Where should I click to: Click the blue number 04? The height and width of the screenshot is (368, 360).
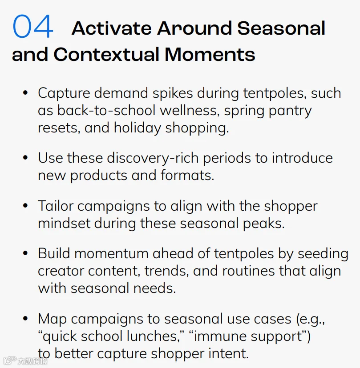33,26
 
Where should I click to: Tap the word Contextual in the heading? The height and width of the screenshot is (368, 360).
107,55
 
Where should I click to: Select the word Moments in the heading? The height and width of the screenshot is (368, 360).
210,55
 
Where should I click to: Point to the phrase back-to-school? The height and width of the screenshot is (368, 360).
106,110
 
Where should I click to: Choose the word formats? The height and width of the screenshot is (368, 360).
187,175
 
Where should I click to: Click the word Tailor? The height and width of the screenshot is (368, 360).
56,206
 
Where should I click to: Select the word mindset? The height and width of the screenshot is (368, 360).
64,223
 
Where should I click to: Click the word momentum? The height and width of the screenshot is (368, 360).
112,254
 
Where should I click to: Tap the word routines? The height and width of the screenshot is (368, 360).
248,271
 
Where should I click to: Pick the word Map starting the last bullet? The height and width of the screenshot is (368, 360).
53,320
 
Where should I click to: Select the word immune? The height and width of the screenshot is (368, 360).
220,336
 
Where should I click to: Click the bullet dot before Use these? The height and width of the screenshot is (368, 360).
25,157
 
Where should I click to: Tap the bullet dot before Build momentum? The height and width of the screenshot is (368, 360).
25,253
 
